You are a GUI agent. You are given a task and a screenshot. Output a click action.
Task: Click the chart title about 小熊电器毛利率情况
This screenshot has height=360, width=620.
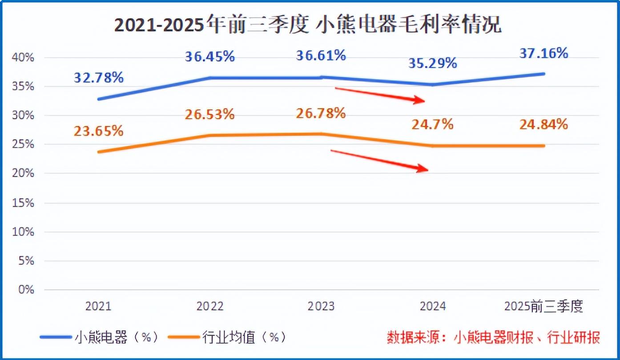(x=308, y=26)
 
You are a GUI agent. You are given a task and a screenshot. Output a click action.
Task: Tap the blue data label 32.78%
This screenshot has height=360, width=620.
(x=99, y=78)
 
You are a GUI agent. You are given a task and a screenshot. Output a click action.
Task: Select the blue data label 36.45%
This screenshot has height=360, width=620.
(x=210, y=57)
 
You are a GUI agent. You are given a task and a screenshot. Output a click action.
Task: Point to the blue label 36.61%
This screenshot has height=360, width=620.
(x=321, y=56)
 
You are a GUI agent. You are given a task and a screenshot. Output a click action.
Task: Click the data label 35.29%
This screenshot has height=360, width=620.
(x=433, y=63)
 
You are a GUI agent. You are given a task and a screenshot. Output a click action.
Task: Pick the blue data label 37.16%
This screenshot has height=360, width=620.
(x=544, y=53)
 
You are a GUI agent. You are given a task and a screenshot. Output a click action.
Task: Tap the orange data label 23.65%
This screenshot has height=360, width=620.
(x=99, y=131)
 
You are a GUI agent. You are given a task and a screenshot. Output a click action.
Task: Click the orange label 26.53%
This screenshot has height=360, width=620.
(x=210, y=114)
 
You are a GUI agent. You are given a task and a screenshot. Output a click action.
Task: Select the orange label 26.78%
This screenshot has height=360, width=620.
(x=321, y=113)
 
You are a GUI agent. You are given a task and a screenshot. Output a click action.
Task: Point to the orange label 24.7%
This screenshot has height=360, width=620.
(x=432, y=124)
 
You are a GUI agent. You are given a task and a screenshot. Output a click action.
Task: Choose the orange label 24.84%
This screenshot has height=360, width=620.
(x=544, y=124)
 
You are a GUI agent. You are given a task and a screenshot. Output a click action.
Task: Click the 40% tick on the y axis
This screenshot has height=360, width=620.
(x=24, y=58)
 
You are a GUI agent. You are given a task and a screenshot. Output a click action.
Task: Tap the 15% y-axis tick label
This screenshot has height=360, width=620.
(x=24, y=203)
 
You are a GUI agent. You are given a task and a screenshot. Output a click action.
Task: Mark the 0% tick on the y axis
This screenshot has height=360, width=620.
(x=26, y=290)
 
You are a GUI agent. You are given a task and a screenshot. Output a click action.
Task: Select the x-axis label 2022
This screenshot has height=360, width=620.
(x=210, y=307)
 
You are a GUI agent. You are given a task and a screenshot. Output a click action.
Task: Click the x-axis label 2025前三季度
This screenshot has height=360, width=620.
(x=544, y=307)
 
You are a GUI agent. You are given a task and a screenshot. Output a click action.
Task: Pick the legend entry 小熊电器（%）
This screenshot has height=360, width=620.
(x=100, y=337)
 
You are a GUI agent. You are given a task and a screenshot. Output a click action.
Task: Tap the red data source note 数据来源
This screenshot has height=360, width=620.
(x=493, y=337)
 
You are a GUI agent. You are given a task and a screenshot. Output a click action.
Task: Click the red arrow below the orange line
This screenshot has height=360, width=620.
(x=380, y=160)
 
